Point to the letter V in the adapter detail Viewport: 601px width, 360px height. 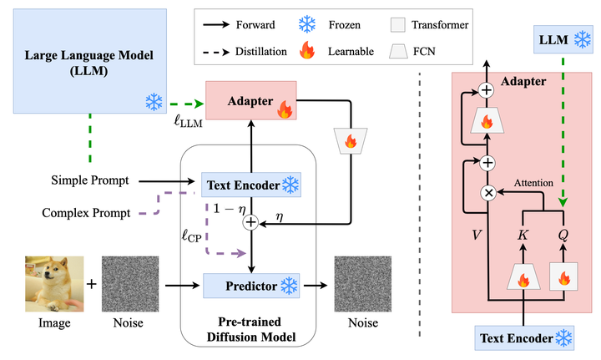click(x=477, y=235)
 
